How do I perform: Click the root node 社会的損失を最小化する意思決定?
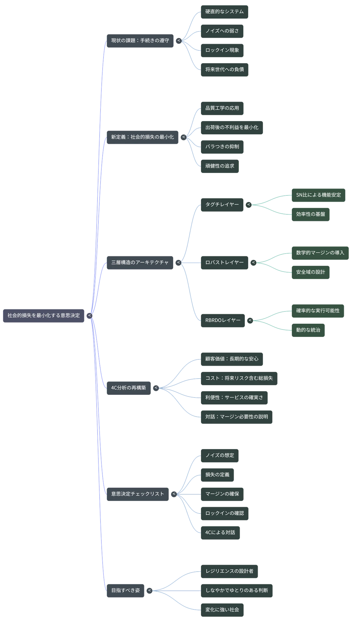pyautogui.click(x=43, y=316)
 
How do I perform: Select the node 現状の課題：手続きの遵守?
pyautogui.click(x=140, y=41)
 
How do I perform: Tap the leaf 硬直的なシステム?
pyautogui.click(x=224, y=12)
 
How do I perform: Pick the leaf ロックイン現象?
pyautogui.click(x=222, y=50)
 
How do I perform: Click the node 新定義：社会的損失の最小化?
pyautogui.click(x=142, y=137)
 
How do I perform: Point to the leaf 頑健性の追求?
pyautogui.click(x=220, y=166)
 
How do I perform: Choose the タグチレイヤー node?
pyautogui.click(x=222, y=205)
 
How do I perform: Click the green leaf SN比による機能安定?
pyautogui.click(x=318, y=195)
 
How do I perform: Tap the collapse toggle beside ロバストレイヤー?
pyautogui.click(x=253, y=263)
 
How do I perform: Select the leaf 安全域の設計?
pyautogui.click(x=310, y=272)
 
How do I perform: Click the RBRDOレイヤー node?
pyautogui.click(x=223, y=321)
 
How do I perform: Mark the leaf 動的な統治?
pyautogui.click(x=308, y=330)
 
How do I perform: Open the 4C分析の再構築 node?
pyautogui.click(x=129, y=388)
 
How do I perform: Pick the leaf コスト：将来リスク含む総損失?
pyautogui.click(x=239, y=379)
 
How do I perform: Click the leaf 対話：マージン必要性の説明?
pyautogui.click(x=236, y=417)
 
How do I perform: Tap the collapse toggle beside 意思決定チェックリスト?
pyautogui.click(x=174, y=494)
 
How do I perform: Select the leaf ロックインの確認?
pyautogui.click(x=224, y=513)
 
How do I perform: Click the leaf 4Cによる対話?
pyautogui.click(x=220, y=533)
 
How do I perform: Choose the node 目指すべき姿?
pyautogui.click(x=125, y=591)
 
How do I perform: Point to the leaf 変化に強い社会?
pyautogui.click(x=222, y=610)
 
